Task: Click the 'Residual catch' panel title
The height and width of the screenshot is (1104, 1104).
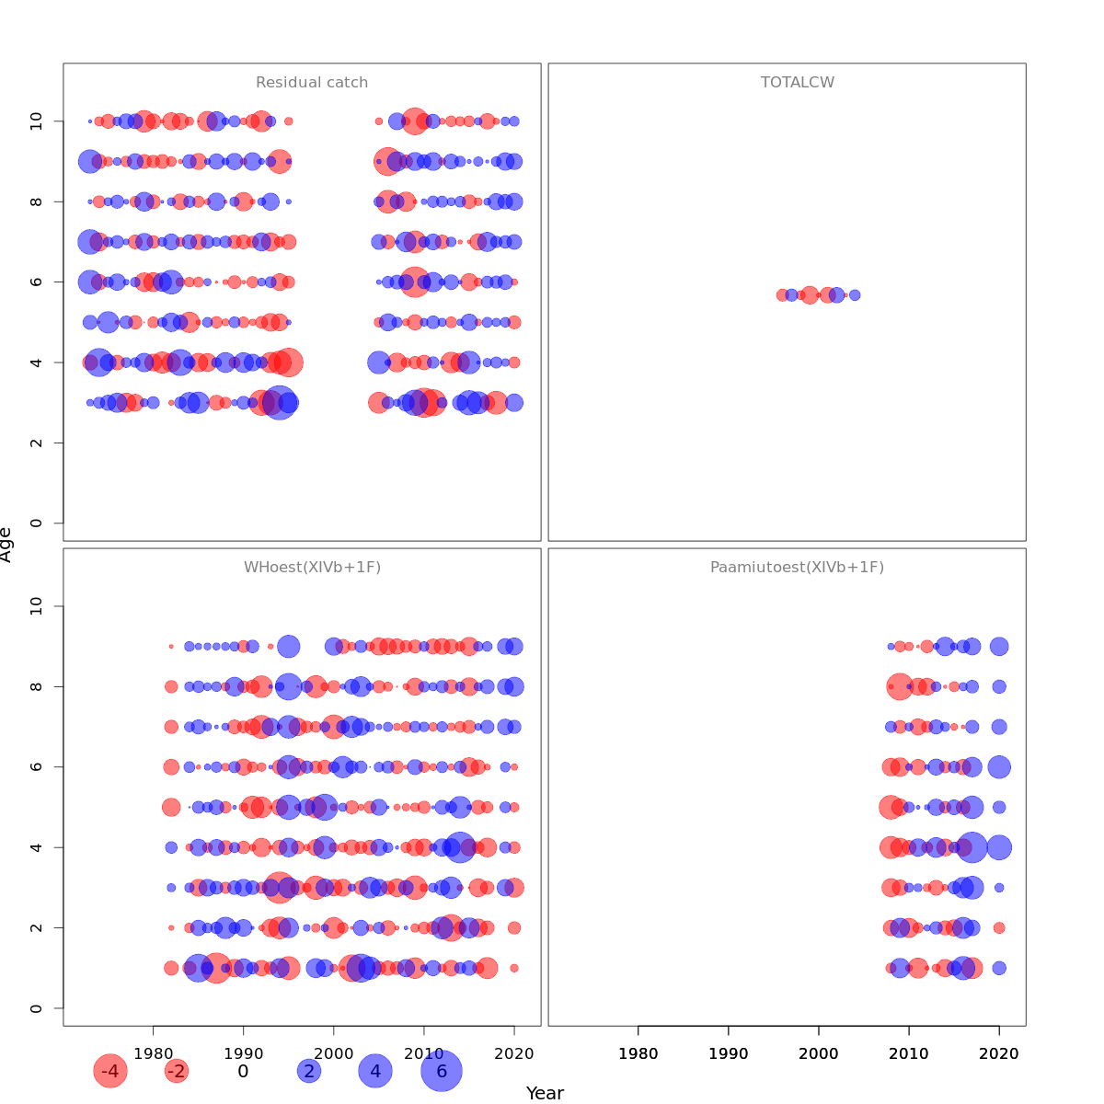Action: pyautogui.click(x=312, y=83)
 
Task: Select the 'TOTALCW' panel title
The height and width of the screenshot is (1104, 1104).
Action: pyautogui.click(x=798, y=83)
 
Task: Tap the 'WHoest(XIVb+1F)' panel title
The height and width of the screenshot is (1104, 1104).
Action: pyautogui.click(x=312, y=568)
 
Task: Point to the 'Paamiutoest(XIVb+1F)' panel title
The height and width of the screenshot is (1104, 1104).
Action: pyautogui.click(x=797, y=568)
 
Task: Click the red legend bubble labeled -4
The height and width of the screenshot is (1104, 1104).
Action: pyautogui.click(x=109, y=1071)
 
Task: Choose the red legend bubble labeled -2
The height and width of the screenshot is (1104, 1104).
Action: pyautogui.click(x=177, y=1071)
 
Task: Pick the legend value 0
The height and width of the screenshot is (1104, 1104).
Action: pyautogui.click(x=243, y=1071)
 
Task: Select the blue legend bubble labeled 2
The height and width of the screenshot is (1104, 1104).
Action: pyautogui.click(x=309, y=1071)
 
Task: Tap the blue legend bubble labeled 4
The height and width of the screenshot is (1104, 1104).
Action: pyautogui.click(x=375, y=1071)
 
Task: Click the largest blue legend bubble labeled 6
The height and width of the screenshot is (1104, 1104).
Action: pyautogui.click(x=442, y=1071)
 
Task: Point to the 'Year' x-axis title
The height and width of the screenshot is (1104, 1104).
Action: pyautogui.click(x=545, y=1093)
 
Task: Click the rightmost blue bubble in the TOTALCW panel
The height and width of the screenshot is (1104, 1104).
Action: pyautogui.click(x=855, y=295)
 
